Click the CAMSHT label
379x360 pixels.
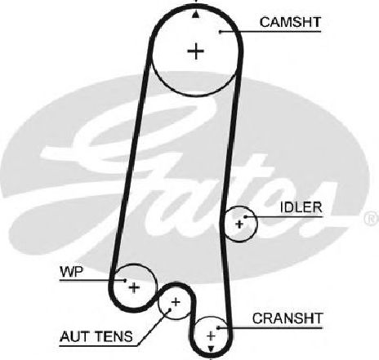pyautogui.click(x=290, y=22)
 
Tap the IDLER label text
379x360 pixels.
pyautogui.click(x=301, y=207)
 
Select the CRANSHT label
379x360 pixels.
pyautogui.click(x=288, y=318)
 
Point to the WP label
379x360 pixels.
pyautogui.click(x=71, y=272)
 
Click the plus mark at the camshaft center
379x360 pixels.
pyautogui.click(x=196, y=51)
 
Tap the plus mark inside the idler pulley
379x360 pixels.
pyautogui.click(x=239, y=224)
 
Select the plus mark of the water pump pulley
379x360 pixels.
pyautogui.click(x=134, y=287)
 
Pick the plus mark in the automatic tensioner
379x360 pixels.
pyautogui.click(x=176, y=302)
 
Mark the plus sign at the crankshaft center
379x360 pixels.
pyautogui.click(x=211, y=336)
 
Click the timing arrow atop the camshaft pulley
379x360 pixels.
pyautogui.click(x=195, y=15)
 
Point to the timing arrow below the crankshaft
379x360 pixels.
pyautogui.click(x=211, y=349)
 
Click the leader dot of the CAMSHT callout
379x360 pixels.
pyautogui.click(x=220, y=32)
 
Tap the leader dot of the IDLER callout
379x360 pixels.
pyautogui.click(x=245, y=217)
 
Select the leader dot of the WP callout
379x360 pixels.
pyautogui.click(x=125, y=280)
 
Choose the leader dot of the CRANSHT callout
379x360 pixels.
pyautogui.click(x=218, y=327)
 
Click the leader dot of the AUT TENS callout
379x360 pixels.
pyautogui.click(x=169, y=309)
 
